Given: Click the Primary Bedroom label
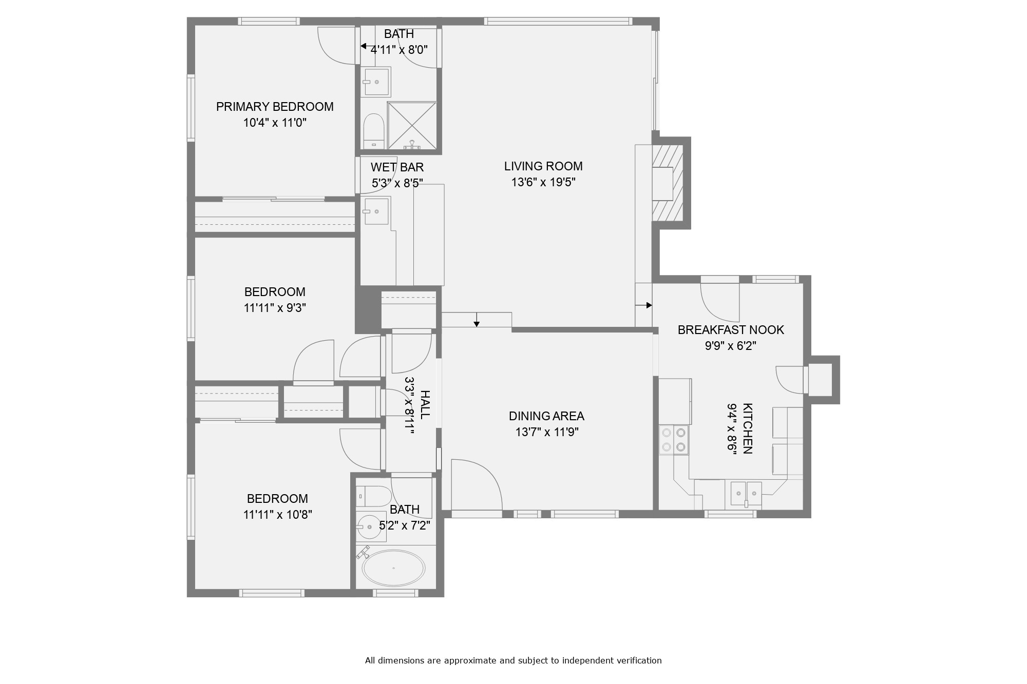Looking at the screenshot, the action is [275, 107].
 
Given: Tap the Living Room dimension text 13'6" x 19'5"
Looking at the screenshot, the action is [543, 182].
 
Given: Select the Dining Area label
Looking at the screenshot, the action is [546, 416].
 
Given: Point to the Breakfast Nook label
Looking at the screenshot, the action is [731, 330].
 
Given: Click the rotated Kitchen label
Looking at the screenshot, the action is [748, 428].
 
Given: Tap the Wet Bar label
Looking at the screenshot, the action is [397, 167].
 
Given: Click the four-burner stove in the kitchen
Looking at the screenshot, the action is [674, 440].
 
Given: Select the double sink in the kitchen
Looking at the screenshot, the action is [746, 494].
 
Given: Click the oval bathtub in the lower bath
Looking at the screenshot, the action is [394, 569].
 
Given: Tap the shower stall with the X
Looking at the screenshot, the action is [412, 126].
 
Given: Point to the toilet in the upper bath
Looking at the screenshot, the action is [374, 131].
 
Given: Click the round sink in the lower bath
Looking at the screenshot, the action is [370, 526].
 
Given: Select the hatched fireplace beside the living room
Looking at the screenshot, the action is [668, 183].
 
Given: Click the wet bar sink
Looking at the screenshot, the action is [376, 211].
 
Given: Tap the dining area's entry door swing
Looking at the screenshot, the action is [476, 484].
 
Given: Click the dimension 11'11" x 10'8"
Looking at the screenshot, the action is [278, 515].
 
